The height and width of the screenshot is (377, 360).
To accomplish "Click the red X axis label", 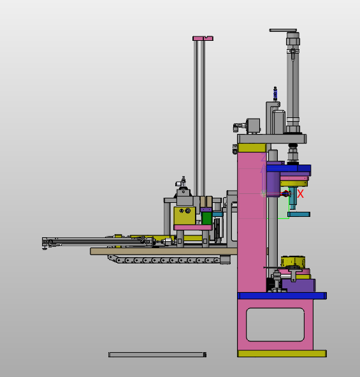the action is [x=300, y=193].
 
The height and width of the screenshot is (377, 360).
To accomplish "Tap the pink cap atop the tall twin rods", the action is [x=203, y=38].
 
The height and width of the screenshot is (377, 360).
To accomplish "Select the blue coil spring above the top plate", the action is [x=275, y=94].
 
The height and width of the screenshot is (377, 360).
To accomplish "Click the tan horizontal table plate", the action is [x=164, y=251].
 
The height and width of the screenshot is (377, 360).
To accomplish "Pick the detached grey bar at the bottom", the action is [x=157, y=355].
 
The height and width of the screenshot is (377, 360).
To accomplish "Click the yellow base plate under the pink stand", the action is [x=282, y=353].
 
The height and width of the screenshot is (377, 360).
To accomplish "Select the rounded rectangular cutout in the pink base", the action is [x=275, y=325].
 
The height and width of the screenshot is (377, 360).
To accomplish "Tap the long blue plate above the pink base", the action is [x=282, y=296].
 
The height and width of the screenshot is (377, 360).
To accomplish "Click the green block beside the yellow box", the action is [x=206, y=218].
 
